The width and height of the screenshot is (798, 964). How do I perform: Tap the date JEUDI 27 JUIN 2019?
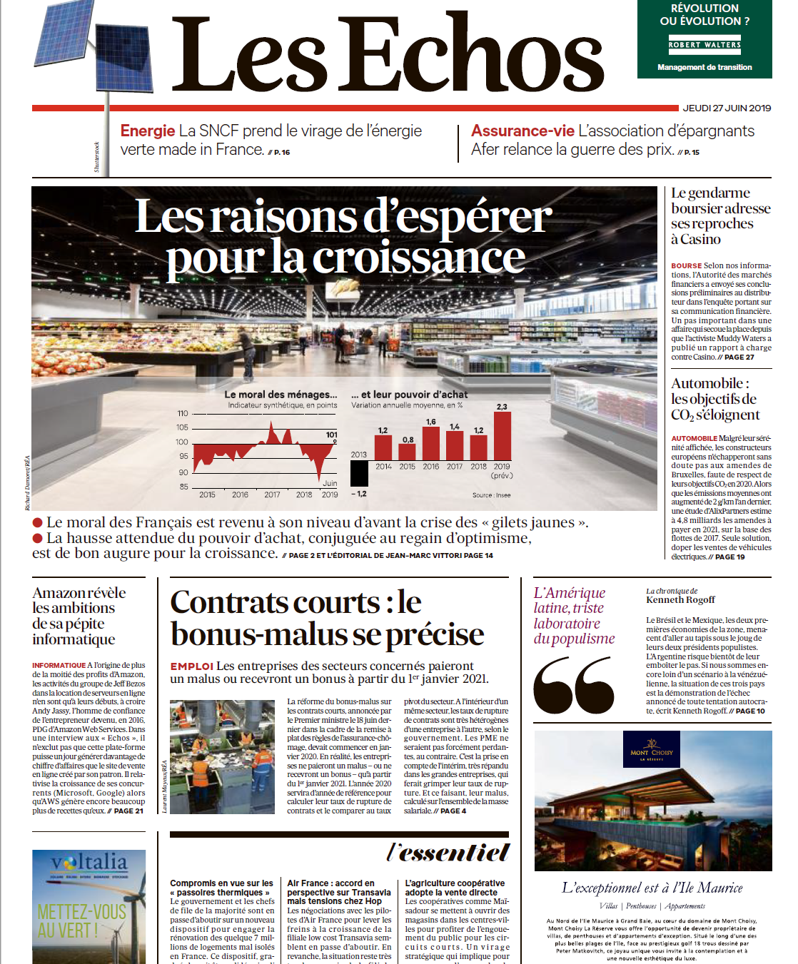tap(727, 108)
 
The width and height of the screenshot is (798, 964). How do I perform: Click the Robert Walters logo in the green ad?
tap(704, 45)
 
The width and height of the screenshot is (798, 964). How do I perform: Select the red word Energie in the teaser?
tap(148, 131)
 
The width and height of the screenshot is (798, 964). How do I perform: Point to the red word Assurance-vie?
tap(522, 131)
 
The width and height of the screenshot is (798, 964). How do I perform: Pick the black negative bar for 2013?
tap(360, 473)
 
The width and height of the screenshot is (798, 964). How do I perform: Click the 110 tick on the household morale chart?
tap(183, 414)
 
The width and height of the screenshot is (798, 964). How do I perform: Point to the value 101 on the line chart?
tap(332, 435)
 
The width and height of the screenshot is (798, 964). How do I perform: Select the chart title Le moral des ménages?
tap(281, 395)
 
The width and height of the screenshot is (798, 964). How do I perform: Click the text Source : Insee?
tap(491, 494)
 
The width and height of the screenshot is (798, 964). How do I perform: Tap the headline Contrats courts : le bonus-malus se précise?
tap(327, 618)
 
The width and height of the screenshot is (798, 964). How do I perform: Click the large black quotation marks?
tap(574, 685)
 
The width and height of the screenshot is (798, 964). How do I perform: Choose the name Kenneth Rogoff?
tap(680, 600)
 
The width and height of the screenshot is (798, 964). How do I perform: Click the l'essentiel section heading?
tap(448, 852)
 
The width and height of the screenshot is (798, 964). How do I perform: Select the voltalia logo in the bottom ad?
tap(89, 863)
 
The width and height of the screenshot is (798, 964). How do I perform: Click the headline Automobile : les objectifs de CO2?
tap(714, 399)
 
